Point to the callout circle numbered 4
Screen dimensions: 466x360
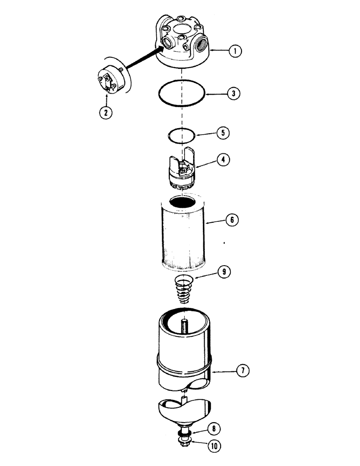[x=223, y=160]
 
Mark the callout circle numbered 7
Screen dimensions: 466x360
[x=242, y=370]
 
